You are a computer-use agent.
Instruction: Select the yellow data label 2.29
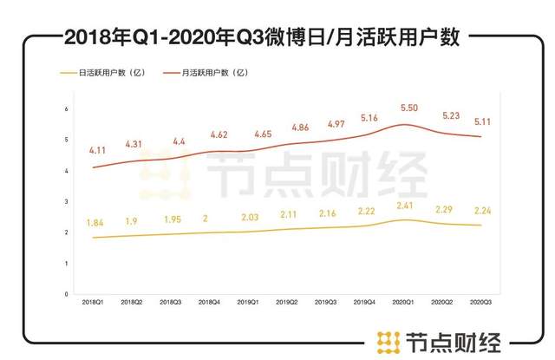(x=445, y=211)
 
